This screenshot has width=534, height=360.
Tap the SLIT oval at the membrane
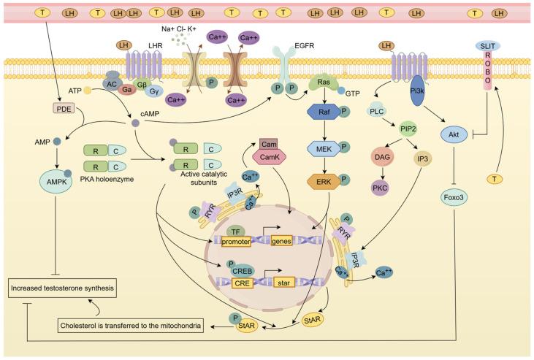point(488,46)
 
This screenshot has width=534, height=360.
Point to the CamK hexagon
point(268,157)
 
